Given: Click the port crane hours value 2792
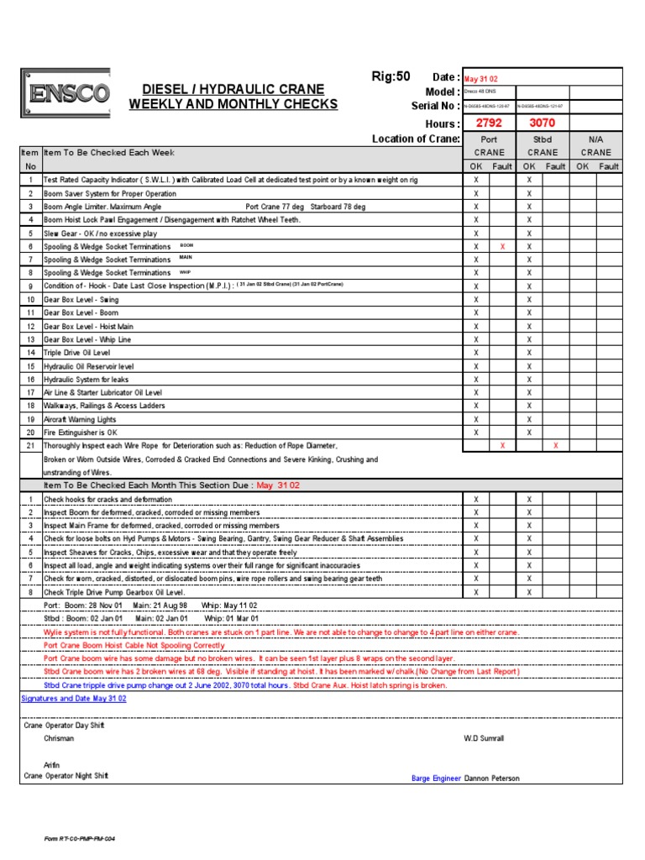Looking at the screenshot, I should click(489, 123).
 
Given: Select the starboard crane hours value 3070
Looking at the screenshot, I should click(542, 123).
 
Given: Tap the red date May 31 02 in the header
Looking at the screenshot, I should click(480, 77).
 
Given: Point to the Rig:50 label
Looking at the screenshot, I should click(391, 76).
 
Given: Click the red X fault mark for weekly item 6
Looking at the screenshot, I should click(502, 247).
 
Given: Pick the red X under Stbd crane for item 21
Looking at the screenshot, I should click(556, 446).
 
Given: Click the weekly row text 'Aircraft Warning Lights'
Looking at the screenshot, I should click(80, 419).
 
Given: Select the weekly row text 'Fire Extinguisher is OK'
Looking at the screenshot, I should click(81, 433).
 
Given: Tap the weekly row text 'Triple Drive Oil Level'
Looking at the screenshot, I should click(76, 353).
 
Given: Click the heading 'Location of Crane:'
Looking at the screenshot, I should click(416, 139).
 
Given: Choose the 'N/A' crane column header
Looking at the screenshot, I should click(596, 139).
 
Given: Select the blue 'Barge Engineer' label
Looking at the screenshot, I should click(436, 779).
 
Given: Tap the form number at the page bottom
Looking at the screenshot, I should click(80, 838).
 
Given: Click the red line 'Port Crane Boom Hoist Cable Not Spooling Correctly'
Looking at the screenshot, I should click(134, 646).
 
